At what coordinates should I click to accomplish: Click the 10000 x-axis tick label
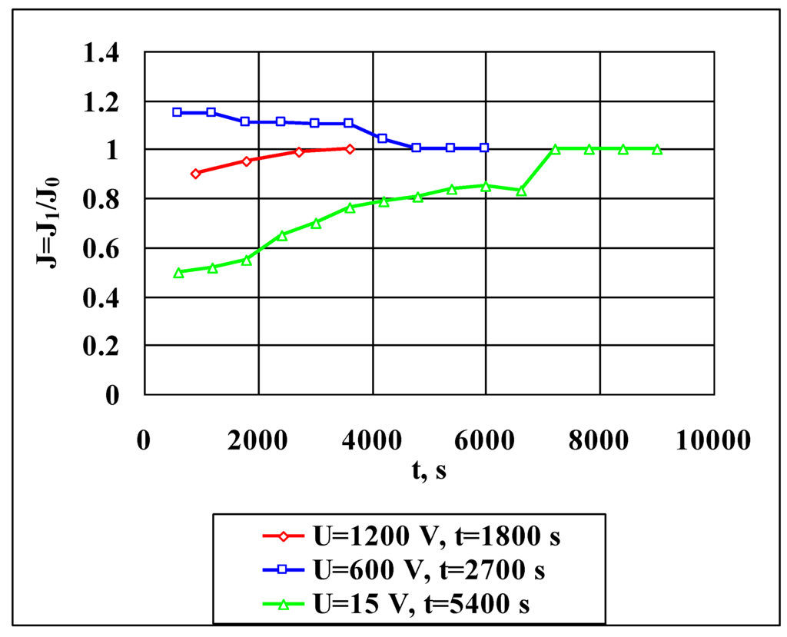714,442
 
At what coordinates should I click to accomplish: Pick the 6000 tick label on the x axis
486,442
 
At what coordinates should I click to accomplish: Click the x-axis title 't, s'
428,471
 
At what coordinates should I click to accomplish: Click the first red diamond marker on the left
195,174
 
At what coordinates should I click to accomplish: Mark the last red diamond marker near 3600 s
350,149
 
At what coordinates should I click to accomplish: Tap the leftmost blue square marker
177,112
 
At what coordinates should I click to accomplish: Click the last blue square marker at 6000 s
484,148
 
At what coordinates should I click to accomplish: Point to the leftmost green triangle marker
178,272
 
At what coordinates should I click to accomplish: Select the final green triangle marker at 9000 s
657,149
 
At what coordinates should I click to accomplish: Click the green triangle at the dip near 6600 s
521,190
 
